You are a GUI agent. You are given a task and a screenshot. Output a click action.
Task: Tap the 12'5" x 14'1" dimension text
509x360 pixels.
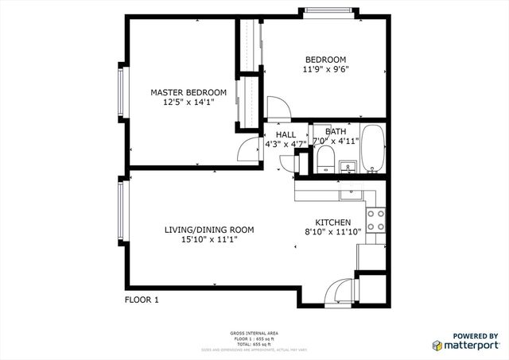click(188, 102)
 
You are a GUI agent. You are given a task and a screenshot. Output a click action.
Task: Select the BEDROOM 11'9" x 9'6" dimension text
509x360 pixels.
click(326, 69)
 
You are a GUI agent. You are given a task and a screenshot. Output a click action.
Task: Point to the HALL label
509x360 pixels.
click(286, 134)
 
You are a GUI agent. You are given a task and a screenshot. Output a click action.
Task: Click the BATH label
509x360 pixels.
click(336, 132)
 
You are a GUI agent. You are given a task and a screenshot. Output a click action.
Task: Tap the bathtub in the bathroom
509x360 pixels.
click(372, 149)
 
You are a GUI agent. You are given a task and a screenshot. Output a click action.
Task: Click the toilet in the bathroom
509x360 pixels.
click(324, 162)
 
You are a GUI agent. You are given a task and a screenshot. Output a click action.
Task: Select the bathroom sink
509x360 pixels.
click(348, 167)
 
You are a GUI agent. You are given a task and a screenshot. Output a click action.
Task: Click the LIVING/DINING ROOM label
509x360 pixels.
click(209, 230)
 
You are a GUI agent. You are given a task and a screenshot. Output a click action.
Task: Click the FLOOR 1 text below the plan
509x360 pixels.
click(142, 300)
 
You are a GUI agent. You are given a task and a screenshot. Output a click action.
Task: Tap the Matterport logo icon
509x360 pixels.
click(437, 345)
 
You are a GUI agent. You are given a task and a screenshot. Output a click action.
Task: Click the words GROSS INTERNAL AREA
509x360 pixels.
click(254, 332)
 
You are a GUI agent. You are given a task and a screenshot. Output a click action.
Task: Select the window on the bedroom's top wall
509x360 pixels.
click(326, 11)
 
